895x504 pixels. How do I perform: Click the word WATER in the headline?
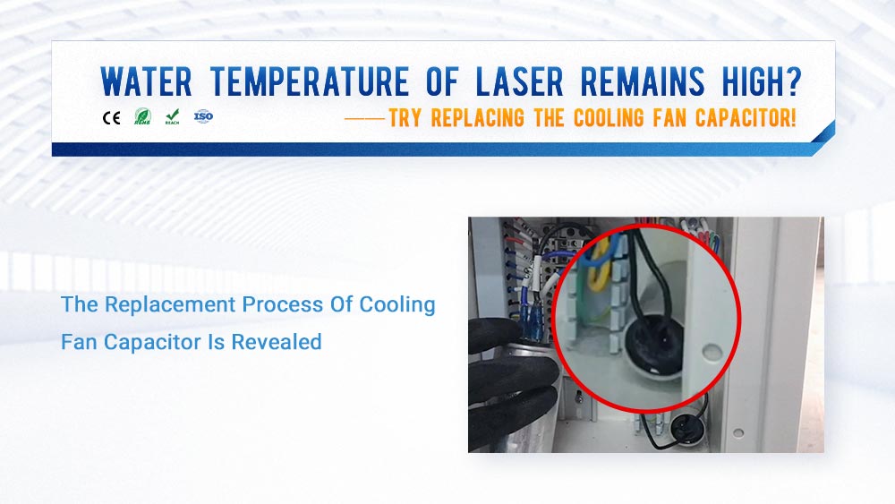coord(146,82)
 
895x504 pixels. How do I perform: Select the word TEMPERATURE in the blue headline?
coord(310,82)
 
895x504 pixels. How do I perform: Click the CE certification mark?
coord(112,117)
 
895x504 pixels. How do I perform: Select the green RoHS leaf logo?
coord(141,116)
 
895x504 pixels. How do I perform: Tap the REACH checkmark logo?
coord(172,116)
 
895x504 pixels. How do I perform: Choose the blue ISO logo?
coord(203,116)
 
